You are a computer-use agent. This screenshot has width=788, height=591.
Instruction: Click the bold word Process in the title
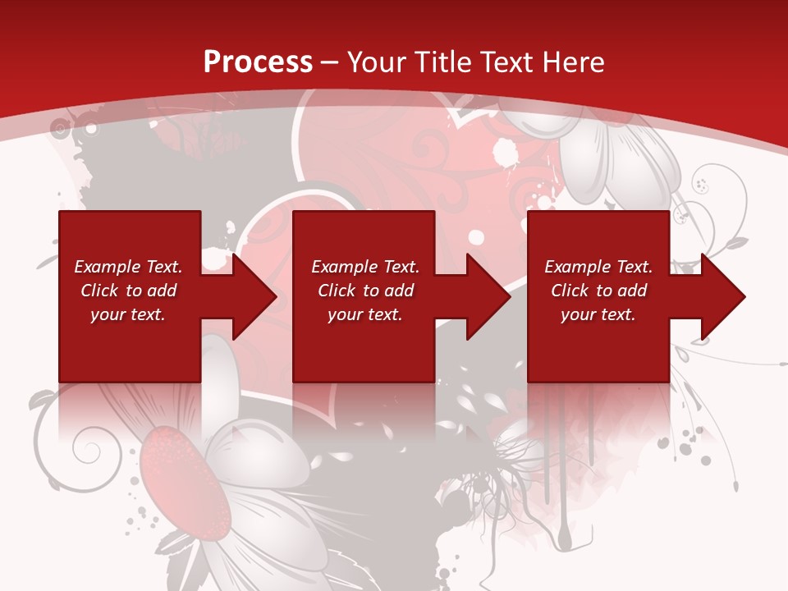258,62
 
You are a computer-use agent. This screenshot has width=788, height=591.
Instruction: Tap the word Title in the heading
442,62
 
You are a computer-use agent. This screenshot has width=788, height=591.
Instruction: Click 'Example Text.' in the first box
128,267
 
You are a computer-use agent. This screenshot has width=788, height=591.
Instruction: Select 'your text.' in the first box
128,314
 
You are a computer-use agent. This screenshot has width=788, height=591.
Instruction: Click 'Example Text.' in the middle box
365,267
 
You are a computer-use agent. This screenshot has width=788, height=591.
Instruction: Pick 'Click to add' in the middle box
365,291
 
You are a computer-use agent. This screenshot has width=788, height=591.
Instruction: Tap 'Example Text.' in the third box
598,267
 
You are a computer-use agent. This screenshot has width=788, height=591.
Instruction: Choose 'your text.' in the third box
598,314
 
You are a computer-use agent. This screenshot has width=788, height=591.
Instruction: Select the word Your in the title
378,62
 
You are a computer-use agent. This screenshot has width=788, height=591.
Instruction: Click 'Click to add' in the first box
128,291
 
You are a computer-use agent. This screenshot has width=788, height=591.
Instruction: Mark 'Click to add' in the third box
598,291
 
